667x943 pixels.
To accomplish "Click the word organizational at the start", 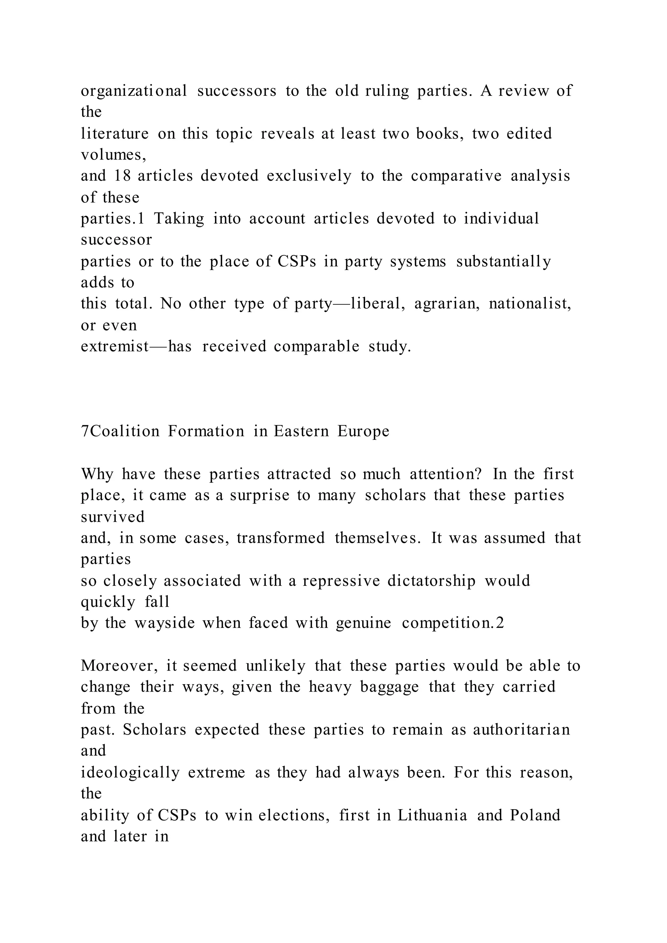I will (x=134, y=91).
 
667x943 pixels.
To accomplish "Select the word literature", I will (x=115, y=134).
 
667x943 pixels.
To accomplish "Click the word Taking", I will (x=179, y=218).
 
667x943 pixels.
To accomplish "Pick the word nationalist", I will (x=530, y=303).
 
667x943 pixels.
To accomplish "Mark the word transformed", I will (x=280, y=538).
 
